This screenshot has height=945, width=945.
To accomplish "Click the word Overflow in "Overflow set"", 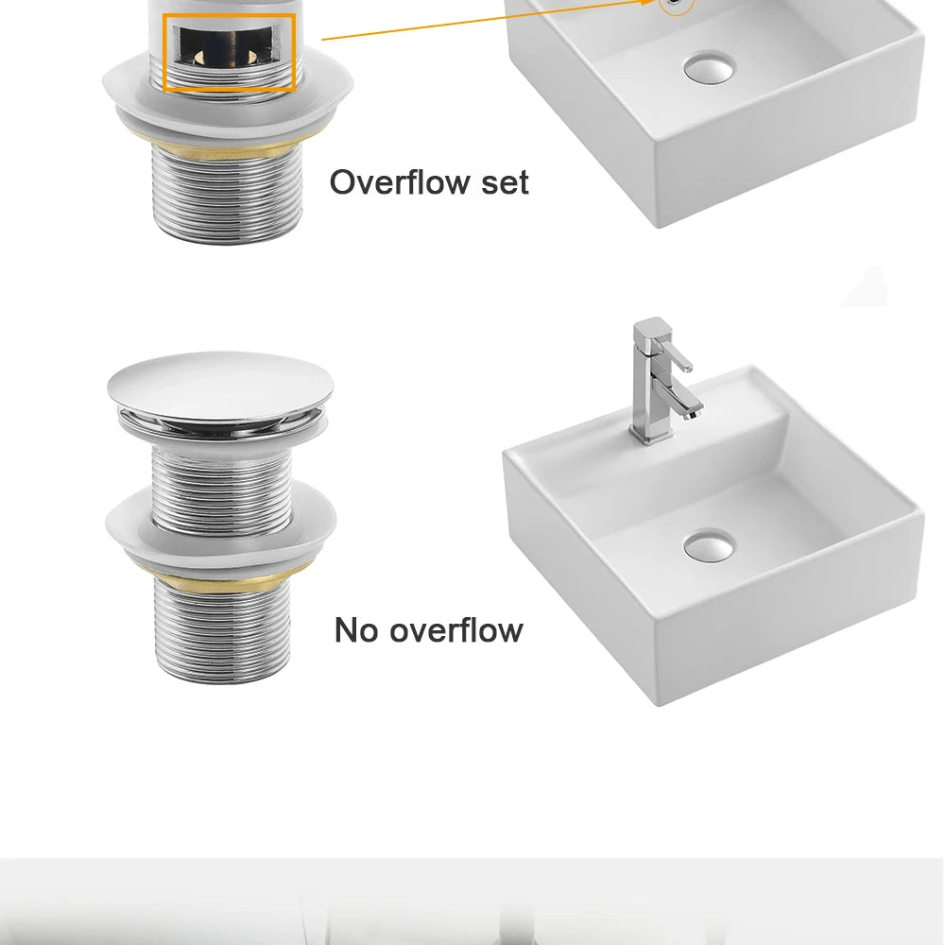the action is pos(399,182).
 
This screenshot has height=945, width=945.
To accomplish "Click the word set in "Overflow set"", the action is pos(505,183).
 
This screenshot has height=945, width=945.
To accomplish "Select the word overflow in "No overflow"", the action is pos(456,630).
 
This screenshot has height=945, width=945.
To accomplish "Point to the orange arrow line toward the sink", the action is pos(489,20).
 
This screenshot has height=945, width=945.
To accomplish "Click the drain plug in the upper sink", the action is pos(709,67).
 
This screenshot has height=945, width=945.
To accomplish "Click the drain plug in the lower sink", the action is pos(709,545).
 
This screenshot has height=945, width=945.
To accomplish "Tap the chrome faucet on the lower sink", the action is pos(663,381).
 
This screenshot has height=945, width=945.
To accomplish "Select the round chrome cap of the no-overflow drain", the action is pos(220,386).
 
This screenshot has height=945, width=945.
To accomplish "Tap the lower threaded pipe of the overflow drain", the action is pos(227,196).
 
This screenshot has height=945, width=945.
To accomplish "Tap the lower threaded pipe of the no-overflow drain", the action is pos(223,633).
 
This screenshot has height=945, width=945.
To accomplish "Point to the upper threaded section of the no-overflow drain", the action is pos(222,489).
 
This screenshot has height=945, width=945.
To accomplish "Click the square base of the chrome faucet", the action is pos(650,432).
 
